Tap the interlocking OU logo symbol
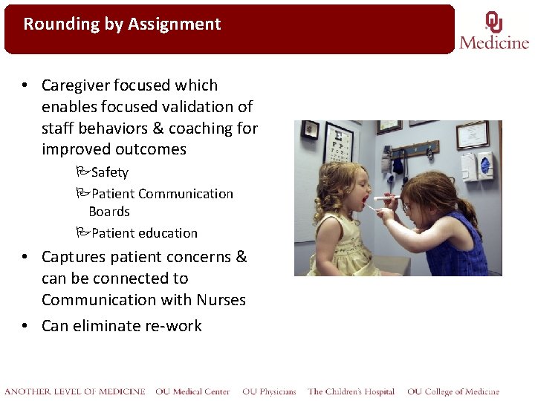pos(493,22)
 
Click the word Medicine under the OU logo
pos(494,42)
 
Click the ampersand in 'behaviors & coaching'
pos(159,128)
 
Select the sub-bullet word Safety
pos(109,172)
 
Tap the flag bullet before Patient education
pos(82,233)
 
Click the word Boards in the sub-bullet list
pos(109,212)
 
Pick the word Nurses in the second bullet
pos(221,300)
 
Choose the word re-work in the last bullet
pos(175,326)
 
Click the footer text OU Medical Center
pos(192,391)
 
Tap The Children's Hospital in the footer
pos(351,391)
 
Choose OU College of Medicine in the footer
pos(453,391)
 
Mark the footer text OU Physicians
pos(268,391)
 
